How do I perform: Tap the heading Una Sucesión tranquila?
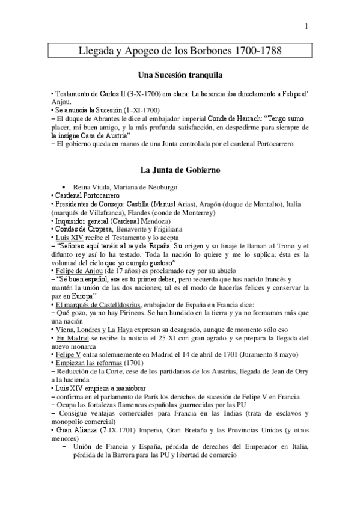coord(180,76)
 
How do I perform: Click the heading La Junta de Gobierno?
coord(180,170)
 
